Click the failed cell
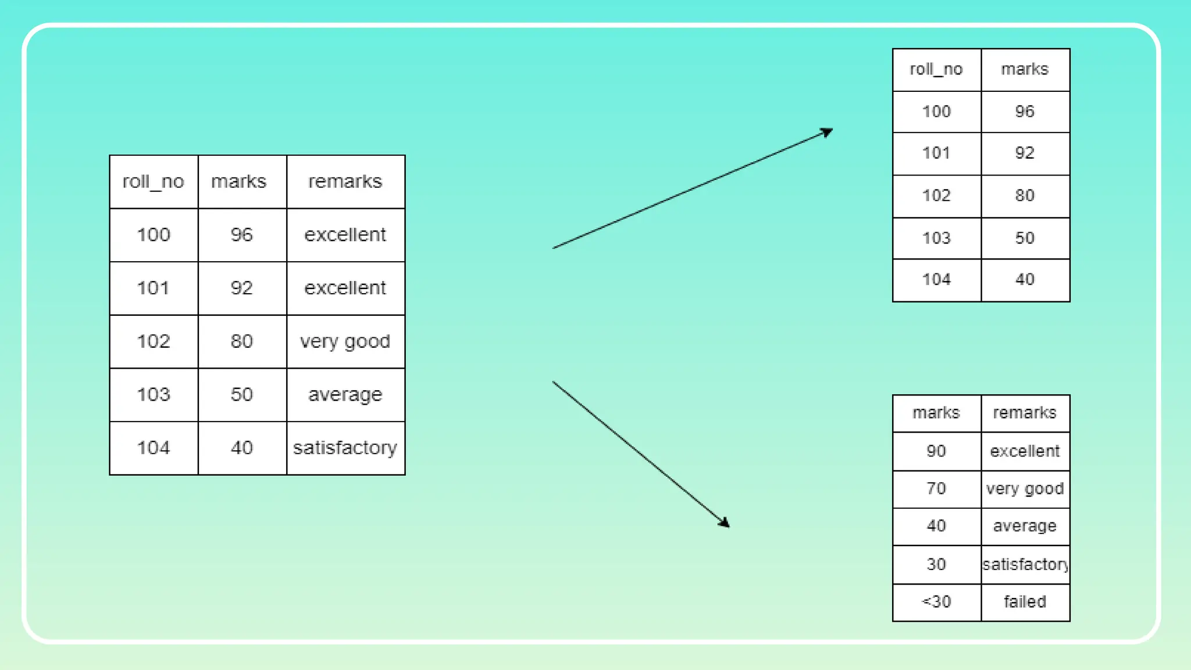click(1025, 602)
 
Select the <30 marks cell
click(936, 602)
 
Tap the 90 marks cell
click(936, 451)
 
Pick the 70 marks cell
click(936, 489)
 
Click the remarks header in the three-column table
click(345, 181)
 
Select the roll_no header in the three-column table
click(154, 181)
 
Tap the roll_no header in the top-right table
click(936, 69)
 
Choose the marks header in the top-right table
click(1025, 69)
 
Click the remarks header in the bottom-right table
click(1025, 413)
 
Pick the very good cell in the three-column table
click(345, 341)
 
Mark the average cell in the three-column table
click(345, 395)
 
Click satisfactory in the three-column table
click(345, 448)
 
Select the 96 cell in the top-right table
click(1025, 112)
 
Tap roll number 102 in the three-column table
click(154, 341)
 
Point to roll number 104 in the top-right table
click(936, 280)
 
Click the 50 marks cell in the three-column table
click(241, 395)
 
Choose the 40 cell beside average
click(936, 526)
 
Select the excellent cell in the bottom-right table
click(1025, 451)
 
